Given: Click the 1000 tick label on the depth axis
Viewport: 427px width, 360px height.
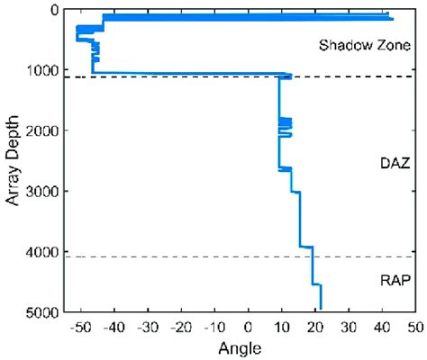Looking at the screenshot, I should tap(44, 70).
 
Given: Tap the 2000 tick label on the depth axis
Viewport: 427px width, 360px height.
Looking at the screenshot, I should tap(44, 130).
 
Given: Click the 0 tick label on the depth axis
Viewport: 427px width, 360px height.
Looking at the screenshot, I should tap(55, 10).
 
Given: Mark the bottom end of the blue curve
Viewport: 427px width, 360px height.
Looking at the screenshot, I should tap(321, 309).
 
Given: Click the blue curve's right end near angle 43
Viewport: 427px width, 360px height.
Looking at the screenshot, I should tap(392, 17).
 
